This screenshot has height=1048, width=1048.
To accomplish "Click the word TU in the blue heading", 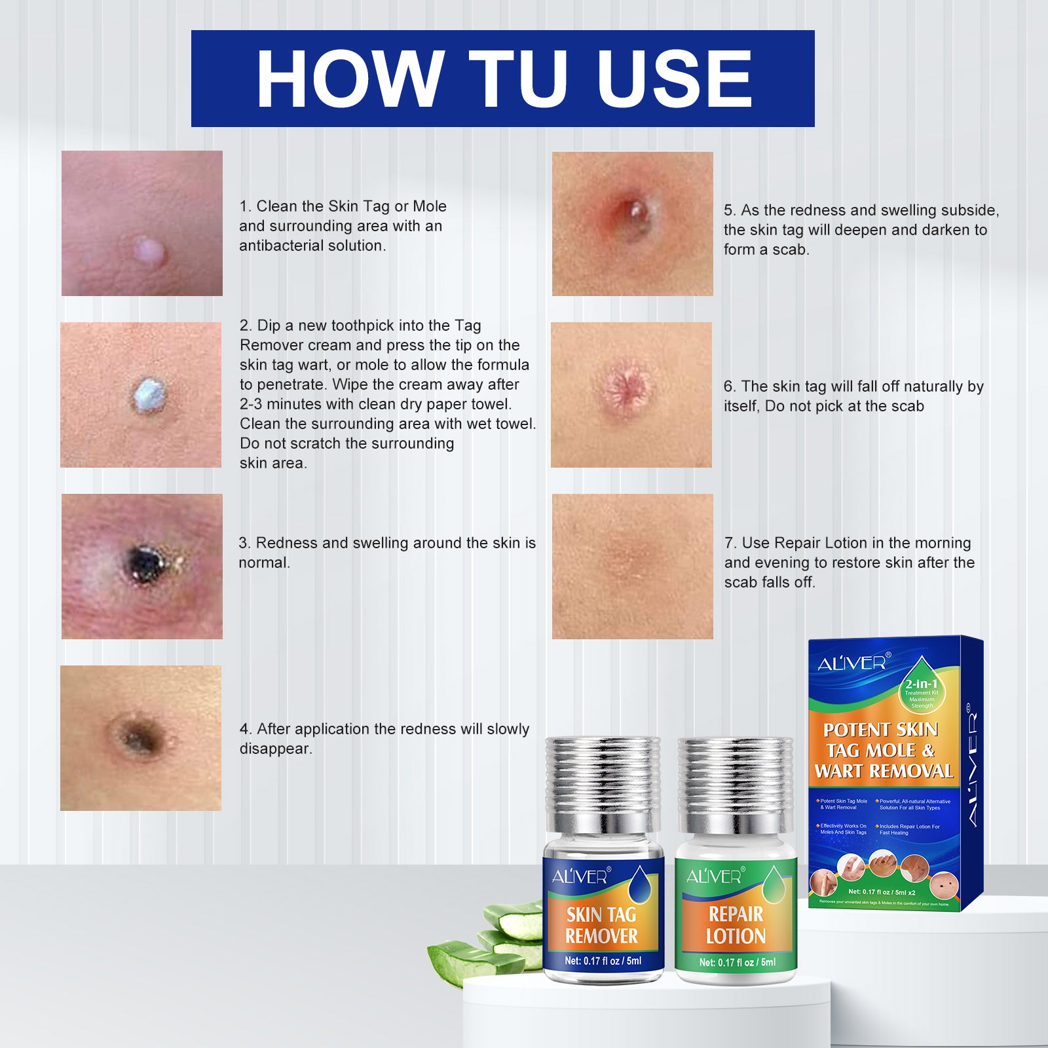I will [517, 79].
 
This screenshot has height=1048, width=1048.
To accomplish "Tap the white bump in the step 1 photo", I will [150, 250].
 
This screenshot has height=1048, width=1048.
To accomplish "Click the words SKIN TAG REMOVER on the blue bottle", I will [601, 925].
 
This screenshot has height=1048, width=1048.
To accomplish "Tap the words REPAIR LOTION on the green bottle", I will [736, 925].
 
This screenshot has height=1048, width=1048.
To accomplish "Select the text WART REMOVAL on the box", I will [884, 772].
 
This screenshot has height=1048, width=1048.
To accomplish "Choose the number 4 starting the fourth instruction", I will [244, 729].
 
